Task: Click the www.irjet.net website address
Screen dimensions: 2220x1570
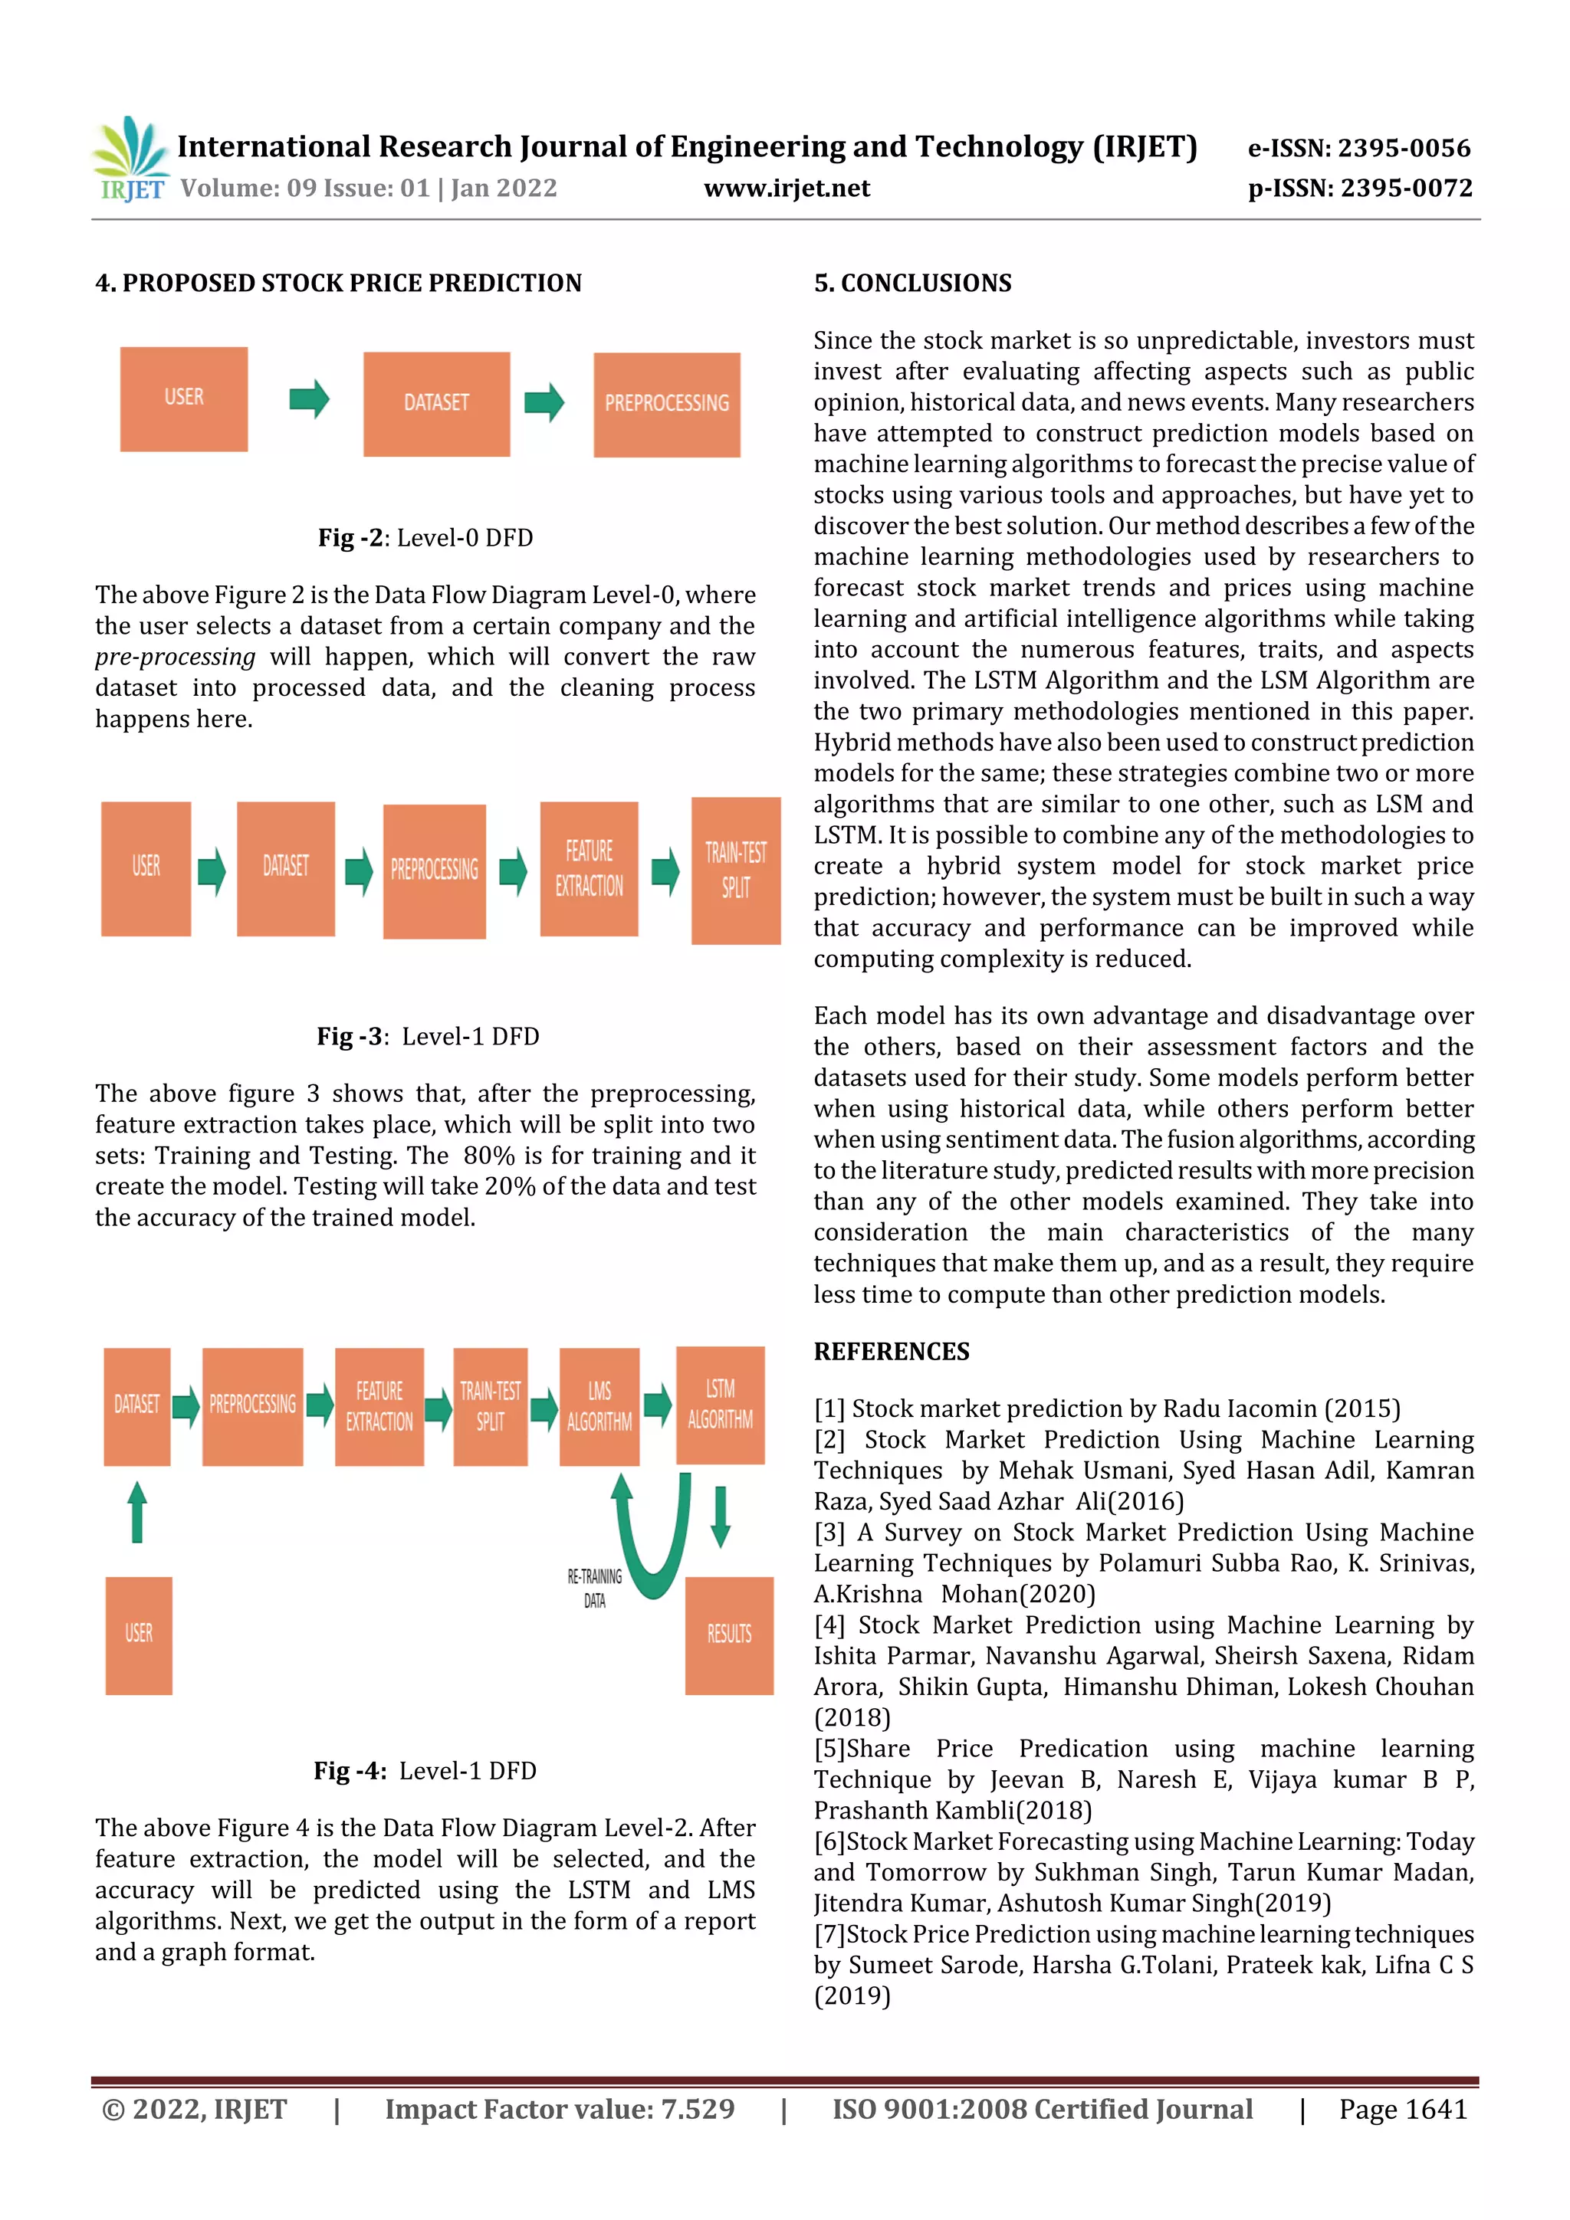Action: [787, 188]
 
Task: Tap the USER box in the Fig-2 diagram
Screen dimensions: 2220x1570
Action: [184, 398]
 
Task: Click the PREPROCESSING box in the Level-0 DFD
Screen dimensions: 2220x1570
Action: [666, 404]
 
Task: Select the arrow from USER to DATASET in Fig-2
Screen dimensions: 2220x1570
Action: [309, 398]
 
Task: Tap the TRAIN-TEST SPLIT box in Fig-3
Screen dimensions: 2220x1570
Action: [735, 871]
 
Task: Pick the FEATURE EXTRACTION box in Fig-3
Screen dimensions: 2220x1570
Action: [588, 868]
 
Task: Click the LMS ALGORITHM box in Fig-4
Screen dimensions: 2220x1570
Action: [599, 1406]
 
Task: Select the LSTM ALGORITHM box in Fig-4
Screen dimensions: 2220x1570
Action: [720, 1404]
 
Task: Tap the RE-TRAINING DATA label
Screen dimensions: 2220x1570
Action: [594, 1588]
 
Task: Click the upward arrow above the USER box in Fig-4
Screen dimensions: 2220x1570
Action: [137, 1512]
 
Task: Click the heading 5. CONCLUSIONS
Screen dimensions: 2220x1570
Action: [912, 284]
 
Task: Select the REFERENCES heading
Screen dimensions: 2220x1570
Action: [891, 1352]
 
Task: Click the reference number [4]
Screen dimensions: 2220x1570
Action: [829, 1625]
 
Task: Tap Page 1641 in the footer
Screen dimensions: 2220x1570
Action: [1403, 2109]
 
